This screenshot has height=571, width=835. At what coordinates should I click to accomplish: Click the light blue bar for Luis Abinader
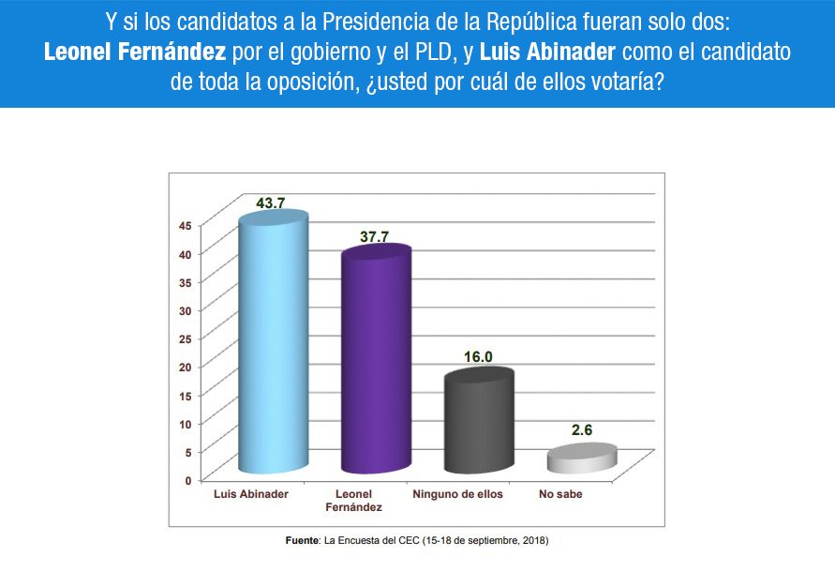click(x=274, y=347)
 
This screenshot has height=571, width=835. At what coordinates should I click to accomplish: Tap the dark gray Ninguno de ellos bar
click(x=479, y=422)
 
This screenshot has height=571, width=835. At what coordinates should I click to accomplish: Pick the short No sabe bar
click(x=582, y=459)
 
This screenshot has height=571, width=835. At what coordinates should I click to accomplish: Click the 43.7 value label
click(x=270, y=203)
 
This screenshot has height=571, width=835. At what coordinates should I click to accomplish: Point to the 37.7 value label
click(x=374, y=236)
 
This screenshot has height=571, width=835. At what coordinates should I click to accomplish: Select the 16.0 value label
click(x=478, y=356)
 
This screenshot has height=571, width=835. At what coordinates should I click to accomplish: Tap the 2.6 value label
click(x=582, y=430)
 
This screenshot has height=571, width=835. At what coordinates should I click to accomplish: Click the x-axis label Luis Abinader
click(x=252, y=493)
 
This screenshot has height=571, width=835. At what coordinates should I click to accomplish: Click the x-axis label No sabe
click(x=560, y=493)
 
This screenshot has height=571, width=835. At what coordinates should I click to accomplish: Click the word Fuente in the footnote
click(x=302, y=541)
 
